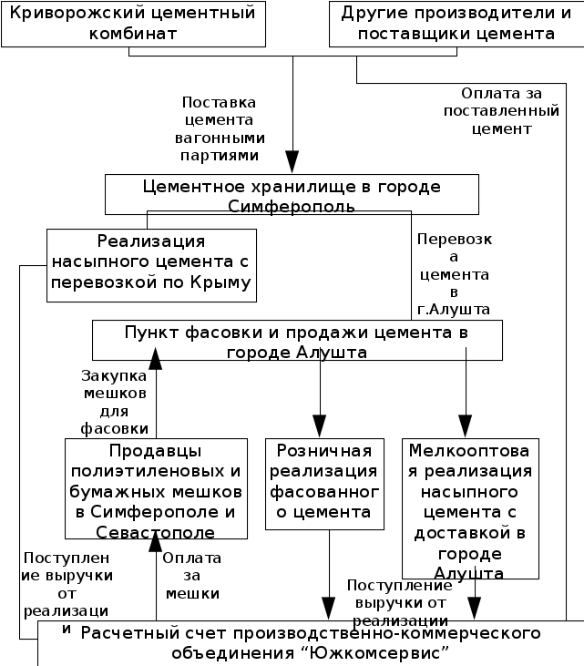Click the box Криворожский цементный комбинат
tap(133, 24)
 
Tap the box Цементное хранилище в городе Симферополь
tap(292, 196)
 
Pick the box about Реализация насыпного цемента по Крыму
tap(151, 265)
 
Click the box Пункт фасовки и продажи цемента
tap(298, 342)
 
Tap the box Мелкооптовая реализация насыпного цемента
tap(470, 508)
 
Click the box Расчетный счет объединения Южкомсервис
tap(310, 643)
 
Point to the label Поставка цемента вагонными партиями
tap(220, 129)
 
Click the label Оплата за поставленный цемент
tap(500, 111)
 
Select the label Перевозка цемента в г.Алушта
tap(454, 274)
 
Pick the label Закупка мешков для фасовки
tap(114, 401)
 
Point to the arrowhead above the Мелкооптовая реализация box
tap(466, 425)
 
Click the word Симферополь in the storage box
tap(292, 207)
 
